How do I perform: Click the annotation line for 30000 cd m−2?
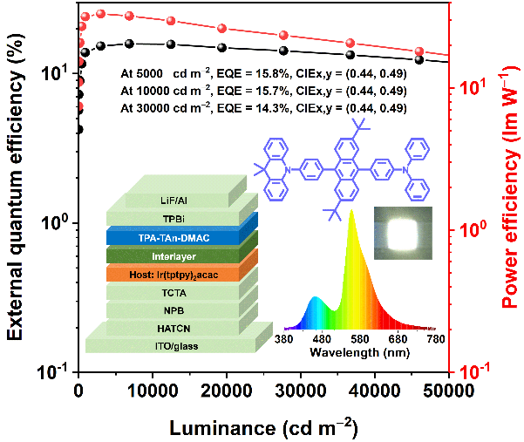click(262, 107)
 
